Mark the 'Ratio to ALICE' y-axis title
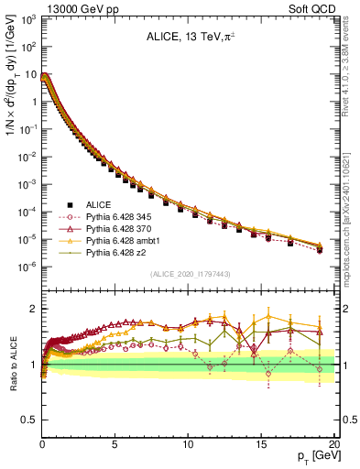point(11,365)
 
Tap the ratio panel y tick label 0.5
point(29,420)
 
